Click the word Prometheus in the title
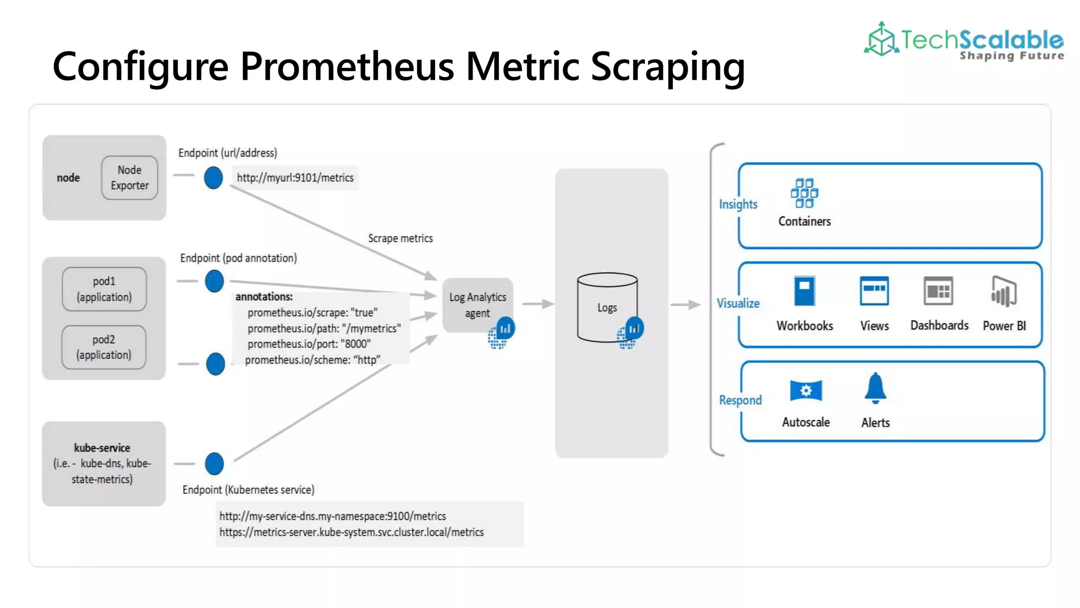[x=347, y=67]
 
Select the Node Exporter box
[x=130, y=178]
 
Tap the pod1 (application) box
[x=104, y=289]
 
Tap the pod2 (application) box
[x=104, y=347]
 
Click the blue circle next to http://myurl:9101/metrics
[x=213, y=178]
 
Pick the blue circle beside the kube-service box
[x=214, y=464]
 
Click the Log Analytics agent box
[x=477, y=305]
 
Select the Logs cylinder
[x=607, y=307]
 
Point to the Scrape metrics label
[x=400, y=239]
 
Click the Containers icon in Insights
[x=804, y=193]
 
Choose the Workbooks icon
[x=805, y=291]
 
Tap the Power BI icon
[x=1004, y=291]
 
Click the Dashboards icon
[x=939, y=291]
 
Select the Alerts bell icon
[x=875, y=388]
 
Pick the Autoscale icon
[x=806, y=391]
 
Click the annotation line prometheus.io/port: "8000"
[x=309, y=344]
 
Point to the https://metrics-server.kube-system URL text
[x=351, y=532]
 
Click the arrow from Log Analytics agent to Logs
[x=538, y=304]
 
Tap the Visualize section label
[x=738, y=303]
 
